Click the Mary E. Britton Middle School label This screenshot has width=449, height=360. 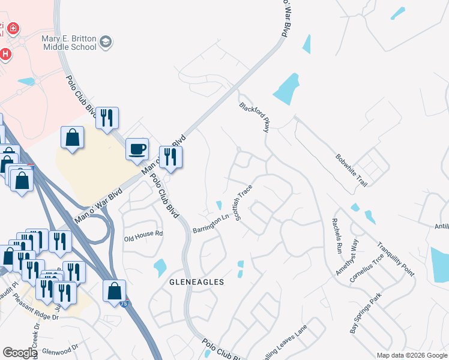[68, 42]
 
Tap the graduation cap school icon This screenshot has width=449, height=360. [106, 42]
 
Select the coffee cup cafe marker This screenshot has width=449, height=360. [137, 148]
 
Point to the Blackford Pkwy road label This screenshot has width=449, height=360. [255, 116]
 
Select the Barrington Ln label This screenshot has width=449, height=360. [211, 224]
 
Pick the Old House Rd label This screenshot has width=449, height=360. [143, 234]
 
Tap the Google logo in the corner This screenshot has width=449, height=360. [20, 353]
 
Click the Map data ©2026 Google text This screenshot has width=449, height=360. [412, 355]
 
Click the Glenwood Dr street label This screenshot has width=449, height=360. [59, 347]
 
